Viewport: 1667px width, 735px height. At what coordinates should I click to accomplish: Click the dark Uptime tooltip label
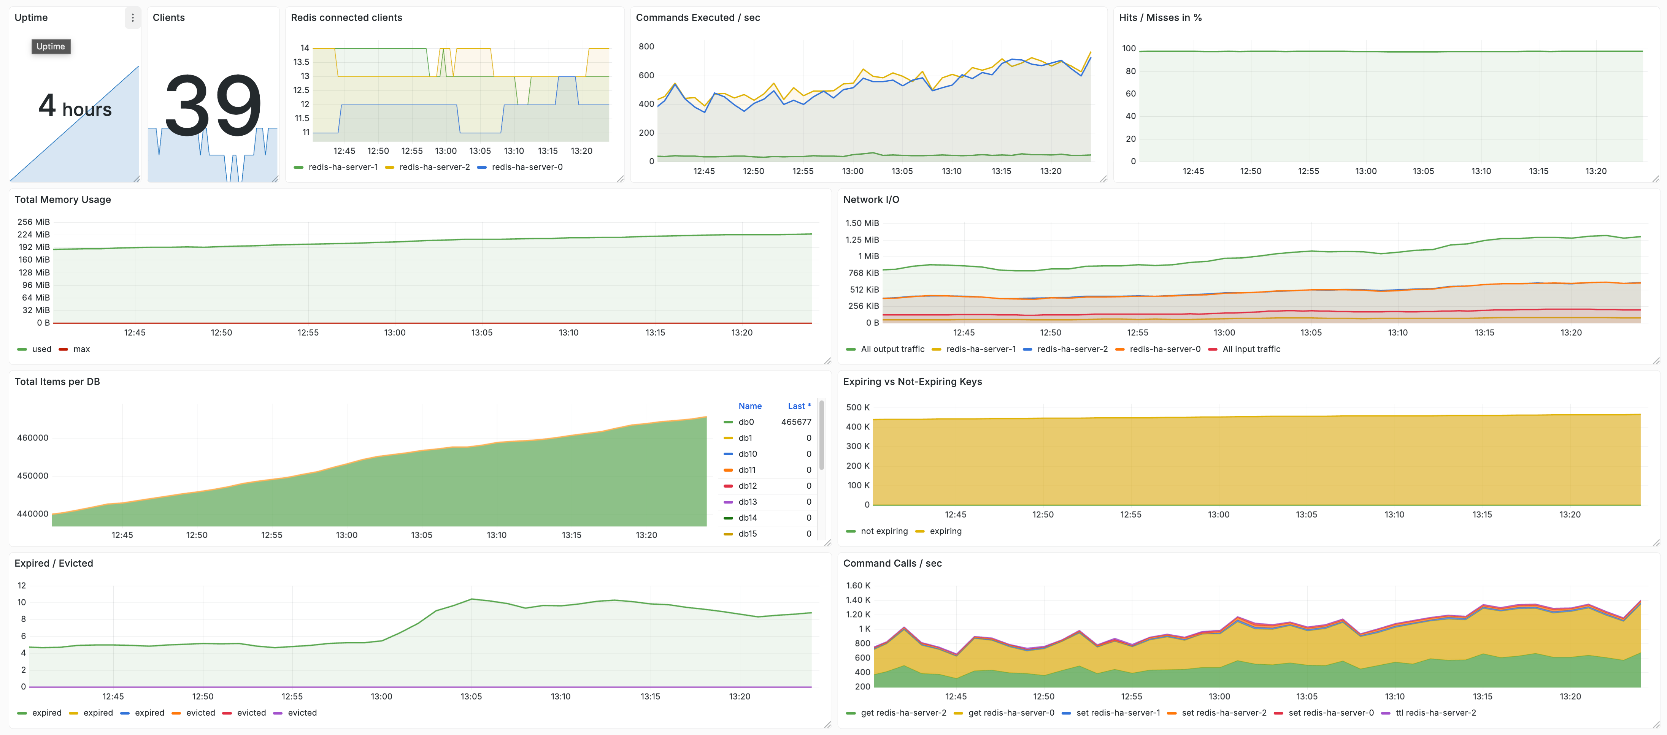51,47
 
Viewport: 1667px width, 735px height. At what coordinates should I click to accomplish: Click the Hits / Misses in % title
1160,17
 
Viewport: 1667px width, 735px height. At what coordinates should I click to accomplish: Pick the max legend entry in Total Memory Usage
81,349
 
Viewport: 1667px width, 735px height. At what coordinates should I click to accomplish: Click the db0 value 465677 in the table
795,422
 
